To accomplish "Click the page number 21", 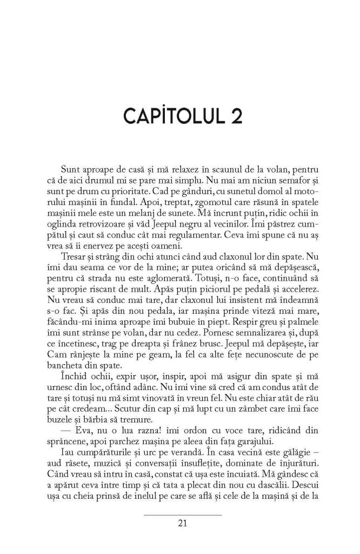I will click(182, 523).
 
